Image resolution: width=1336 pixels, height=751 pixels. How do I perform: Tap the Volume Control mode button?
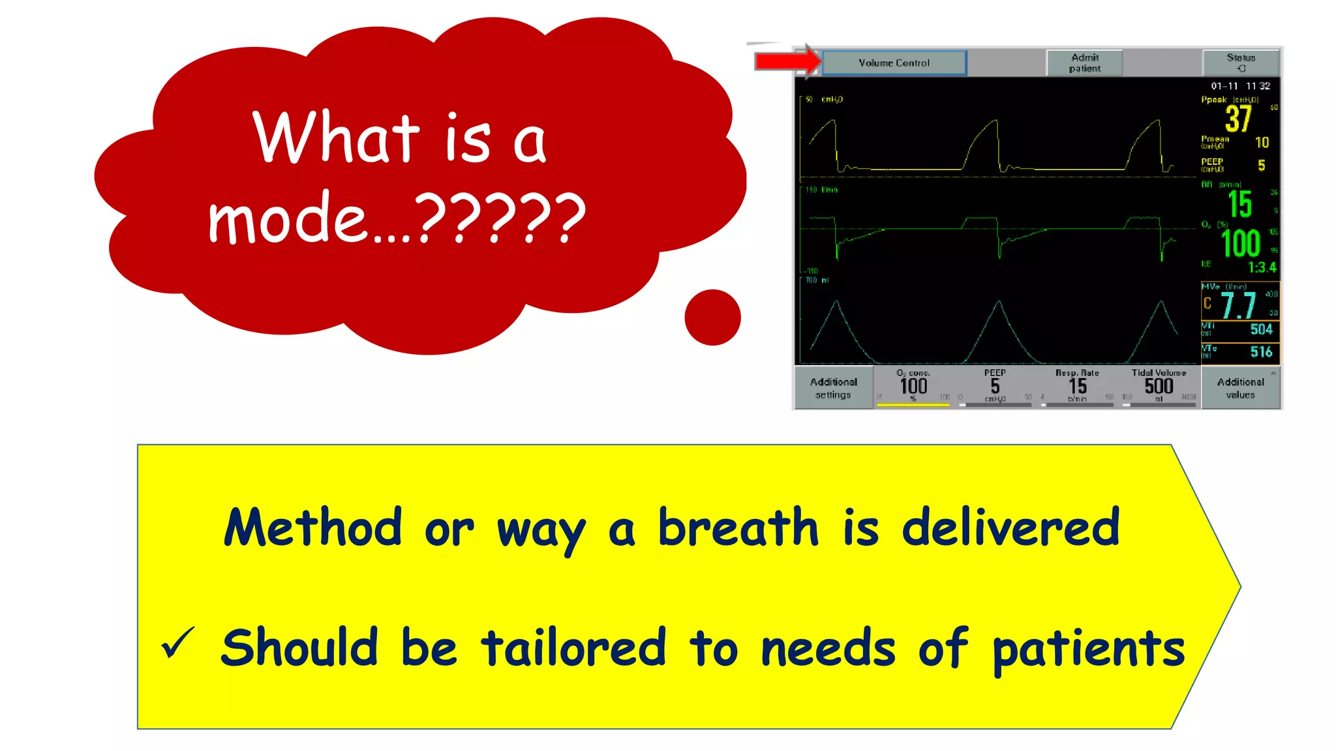click(x=894, y=63)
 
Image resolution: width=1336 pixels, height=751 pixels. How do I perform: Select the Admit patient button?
click(x=1084, y=63)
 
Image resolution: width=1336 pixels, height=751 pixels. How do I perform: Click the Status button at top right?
click(x=1240, y=63)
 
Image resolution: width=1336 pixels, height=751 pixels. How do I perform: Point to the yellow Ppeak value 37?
click(x=1237, y=119)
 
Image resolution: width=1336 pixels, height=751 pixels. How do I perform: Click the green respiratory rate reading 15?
click(x=1239, y=205)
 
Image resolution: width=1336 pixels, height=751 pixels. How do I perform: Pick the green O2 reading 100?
click(x=1240, y=244)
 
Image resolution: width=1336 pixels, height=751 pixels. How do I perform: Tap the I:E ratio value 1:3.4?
click(x=1262, y=267)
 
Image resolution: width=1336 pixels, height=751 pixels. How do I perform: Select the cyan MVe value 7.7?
click(x=1238, y=305)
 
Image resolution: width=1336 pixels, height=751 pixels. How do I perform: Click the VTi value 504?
click(x=1261, y=330)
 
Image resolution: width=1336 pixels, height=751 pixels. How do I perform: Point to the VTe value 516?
click(x=1261, y=352)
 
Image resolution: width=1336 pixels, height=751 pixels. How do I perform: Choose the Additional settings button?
click(x=833, y=388)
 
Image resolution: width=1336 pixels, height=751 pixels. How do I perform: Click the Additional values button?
click(x=1240, y=388)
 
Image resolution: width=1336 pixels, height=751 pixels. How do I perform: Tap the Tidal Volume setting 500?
click(x=1159, y=386)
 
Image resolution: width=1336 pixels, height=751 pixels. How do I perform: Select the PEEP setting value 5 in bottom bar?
click(x=995, y=387)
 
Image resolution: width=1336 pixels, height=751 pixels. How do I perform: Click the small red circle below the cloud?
click(x=712, y=317)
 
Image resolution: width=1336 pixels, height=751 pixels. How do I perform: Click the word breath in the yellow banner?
click(x=737, y=528)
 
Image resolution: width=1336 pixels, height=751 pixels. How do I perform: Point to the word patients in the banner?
click(x=1088, y=649)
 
